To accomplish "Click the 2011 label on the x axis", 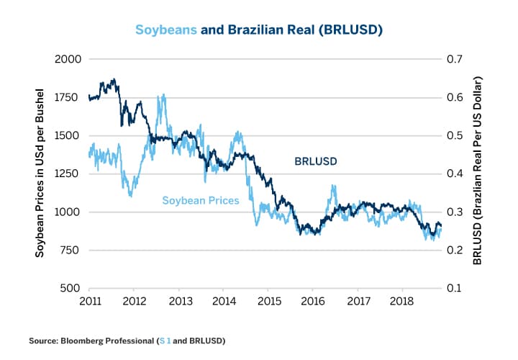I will (x=90, y=300).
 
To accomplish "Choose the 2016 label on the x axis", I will (x=312, y=300).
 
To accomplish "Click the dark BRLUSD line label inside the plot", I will (x=316, y=161).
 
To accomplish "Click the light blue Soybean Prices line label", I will (x=200, y=201).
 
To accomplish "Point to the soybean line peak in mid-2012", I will (x=164, y=95).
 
